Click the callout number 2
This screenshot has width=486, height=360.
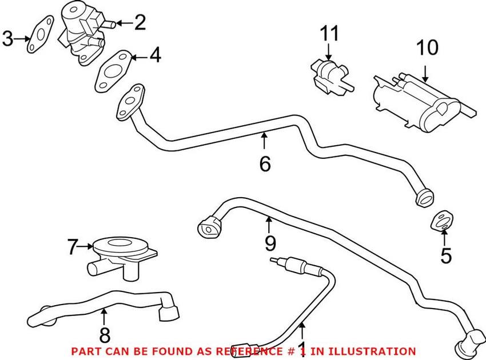tap(140, 23)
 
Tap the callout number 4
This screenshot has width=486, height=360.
tap(155, 56)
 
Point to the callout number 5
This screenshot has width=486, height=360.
tap(445, 255)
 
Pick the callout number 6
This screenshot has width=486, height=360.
tap(264, 163)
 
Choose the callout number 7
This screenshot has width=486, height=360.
tap(72, 247)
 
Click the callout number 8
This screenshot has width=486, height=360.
tap(104, 335)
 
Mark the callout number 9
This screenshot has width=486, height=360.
tap(269, 245)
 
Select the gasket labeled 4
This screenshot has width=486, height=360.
tap(112, 73)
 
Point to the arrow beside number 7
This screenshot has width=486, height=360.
tap(86, 247)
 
